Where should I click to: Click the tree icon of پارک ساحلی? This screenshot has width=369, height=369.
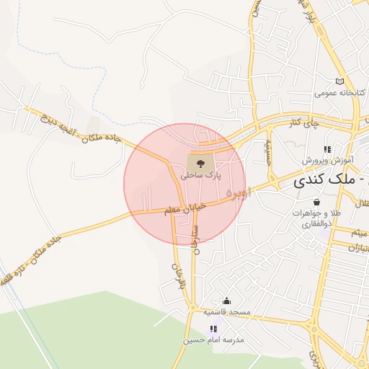(x=200, y=161)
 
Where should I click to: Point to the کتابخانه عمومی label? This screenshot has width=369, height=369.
(x=340, y=94)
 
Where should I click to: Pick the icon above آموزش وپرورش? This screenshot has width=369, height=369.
(x=326, y=149)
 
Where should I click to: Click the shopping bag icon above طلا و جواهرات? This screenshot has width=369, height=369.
(x=317, y=203)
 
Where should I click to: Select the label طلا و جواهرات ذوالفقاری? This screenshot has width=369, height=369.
(x=316, y=219)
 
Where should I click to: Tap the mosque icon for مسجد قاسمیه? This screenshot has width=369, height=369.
(x=227, y=301)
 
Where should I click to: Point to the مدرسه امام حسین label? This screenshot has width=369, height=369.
(x=214, y=339)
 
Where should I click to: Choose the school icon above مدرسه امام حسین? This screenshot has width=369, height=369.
(x=213, y=329)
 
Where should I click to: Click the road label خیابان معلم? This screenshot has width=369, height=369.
(x=186, y=207)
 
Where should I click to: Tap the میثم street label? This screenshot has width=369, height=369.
(x=359, y=232)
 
